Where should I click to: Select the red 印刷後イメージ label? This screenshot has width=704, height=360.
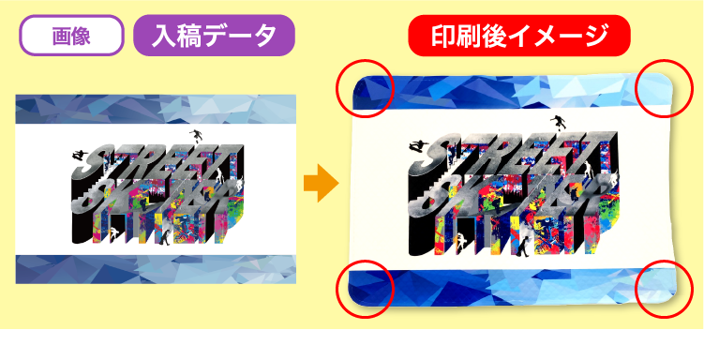pos(518,37)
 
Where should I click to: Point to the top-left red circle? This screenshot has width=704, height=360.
pos(364,88)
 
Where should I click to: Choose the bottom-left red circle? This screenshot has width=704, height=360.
pos(364,287)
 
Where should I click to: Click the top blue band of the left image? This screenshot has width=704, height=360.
pos(156,110)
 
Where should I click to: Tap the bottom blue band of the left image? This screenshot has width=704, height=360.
pos(156,267)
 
